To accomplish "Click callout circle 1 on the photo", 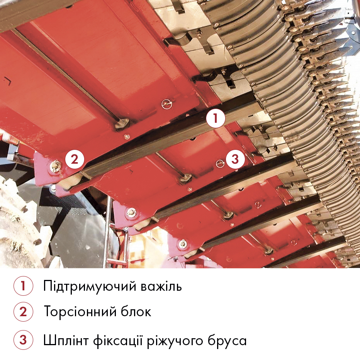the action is [x=216, y=118].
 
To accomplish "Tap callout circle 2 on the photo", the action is [x=75, y=159].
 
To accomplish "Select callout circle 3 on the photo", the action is [x=235, y=159].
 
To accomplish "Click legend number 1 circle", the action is [x=23, y=286].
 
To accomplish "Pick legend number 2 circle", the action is [x=23, y=312].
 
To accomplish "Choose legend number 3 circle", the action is [x=23, y=340].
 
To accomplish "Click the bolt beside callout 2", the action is [x=56, y=166].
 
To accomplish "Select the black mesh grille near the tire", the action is [x=62, y=203].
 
